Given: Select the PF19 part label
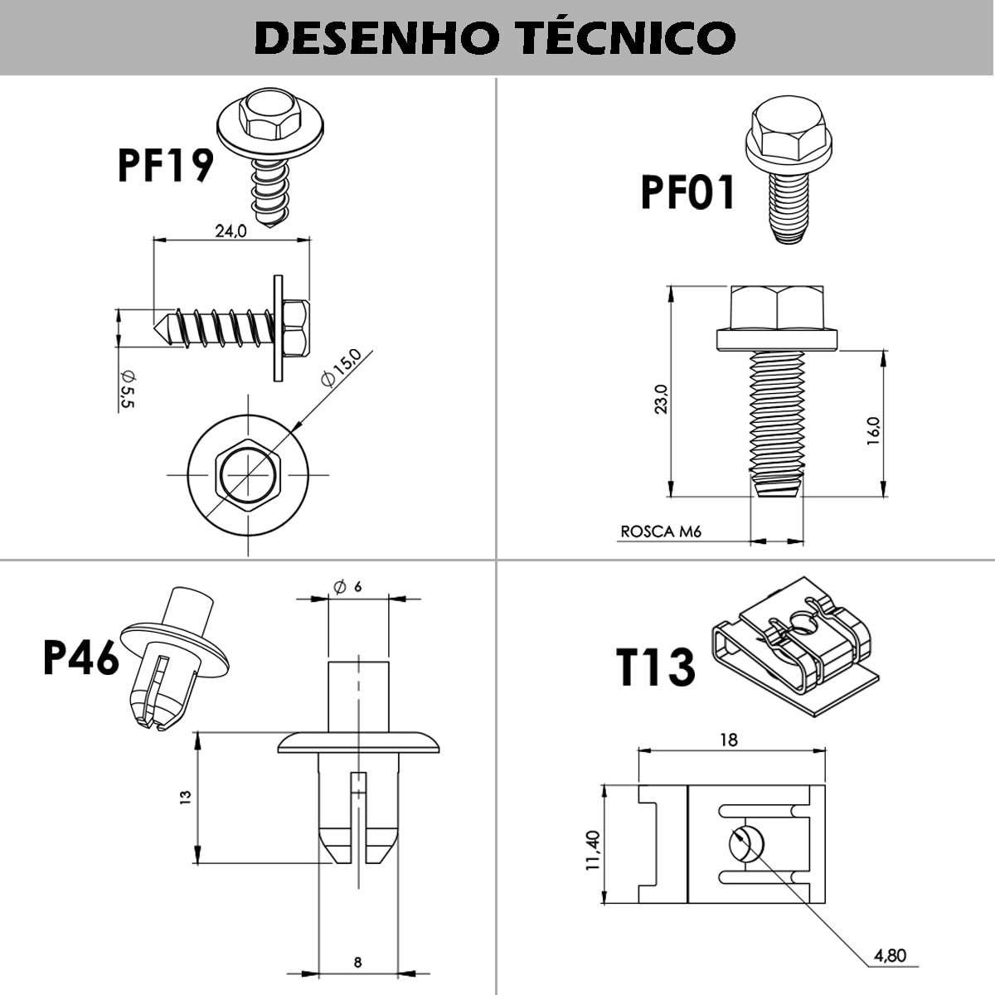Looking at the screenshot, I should coord(166,164).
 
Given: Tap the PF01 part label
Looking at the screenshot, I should coord(688,192).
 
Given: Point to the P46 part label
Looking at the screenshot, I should coord(81,659).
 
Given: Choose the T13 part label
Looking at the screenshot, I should coord(656,669).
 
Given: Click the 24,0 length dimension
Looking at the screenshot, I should coord(231,231).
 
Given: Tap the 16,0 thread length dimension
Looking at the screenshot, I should coord(873,432).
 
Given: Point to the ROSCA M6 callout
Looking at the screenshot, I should coord(661,531).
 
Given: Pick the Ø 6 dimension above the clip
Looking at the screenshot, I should coord(348,586).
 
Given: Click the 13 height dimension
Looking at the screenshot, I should coord(185,797).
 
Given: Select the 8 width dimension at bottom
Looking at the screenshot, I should coord(357,963).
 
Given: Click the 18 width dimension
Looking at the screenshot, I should coord(728,739).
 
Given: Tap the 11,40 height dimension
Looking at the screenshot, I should coord(592,850).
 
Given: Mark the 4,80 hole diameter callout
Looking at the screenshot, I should coord(890,955).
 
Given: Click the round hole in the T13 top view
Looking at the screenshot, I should coord(743,844).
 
